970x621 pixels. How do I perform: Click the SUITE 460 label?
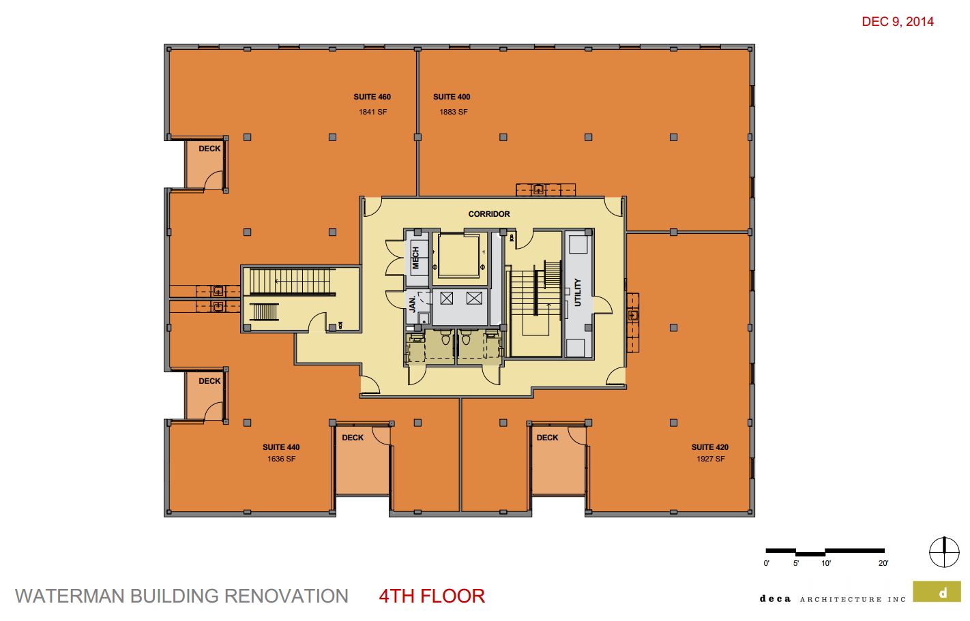click(372, 97)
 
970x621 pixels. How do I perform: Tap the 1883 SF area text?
click(454, 112)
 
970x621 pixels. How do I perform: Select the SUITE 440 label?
click(281, 447)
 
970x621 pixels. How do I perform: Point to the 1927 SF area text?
click(710, 459)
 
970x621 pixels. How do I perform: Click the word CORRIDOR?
click(489, 214)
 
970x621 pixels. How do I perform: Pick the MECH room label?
click(415, 258)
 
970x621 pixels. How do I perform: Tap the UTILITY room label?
click(577, 292)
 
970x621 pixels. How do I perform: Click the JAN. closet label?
click(412, 303)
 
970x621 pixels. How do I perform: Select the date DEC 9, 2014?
click(898, 22)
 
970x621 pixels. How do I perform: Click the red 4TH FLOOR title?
click(432, 596)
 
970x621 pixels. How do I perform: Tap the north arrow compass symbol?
click(945, 552)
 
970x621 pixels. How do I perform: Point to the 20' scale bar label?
click(883, 563)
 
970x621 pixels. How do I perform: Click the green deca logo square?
click(937, 591)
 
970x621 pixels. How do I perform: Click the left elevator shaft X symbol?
click(447, 298)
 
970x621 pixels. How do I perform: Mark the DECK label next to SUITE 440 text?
click(353, 438)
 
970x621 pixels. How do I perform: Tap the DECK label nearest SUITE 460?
click(209, 149)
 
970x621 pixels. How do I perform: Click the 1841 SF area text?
click(372, 112)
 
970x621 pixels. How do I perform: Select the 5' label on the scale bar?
click(796, 563)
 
